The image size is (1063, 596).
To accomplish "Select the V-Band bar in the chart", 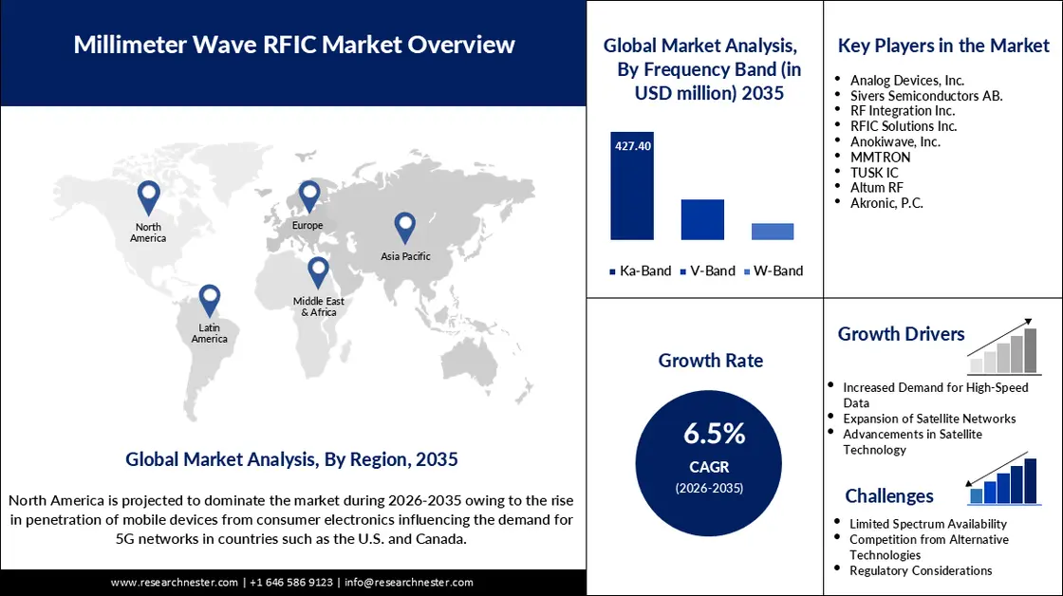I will click(702, 219).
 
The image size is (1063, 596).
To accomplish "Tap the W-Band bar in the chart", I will click(773, 232).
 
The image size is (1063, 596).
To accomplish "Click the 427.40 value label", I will click(632, 146).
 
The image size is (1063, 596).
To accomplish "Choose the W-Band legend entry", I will click(773, 270).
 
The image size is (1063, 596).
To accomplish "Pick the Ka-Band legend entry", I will click(640, 270).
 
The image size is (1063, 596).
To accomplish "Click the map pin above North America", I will click(148, 196).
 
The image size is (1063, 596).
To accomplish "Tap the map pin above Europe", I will click(308, 196).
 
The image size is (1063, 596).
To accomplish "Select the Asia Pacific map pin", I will click(405, 227).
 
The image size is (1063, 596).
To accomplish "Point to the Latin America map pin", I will click(209, 300).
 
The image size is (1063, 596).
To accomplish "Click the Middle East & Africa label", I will click(318, 307).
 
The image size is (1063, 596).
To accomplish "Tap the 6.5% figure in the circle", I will click(715, 434).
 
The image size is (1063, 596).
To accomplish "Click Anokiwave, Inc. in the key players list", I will click(895, 141).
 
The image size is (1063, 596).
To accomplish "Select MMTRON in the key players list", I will click(880, 157).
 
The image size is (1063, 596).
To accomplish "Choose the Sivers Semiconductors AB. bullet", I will click(926, 96).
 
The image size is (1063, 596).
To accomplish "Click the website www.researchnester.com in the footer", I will click(174, 582).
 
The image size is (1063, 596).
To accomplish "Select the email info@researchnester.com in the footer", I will click(408, 582).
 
